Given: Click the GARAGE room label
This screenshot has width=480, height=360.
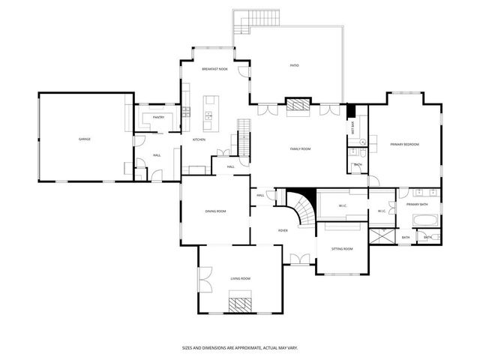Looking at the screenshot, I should pos(85,139).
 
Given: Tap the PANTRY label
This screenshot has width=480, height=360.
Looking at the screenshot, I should pos(158,117).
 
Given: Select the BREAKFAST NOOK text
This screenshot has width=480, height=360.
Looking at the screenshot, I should pos(214,69).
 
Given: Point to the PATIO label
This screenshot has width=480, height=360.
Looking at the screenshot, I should pos(295,66).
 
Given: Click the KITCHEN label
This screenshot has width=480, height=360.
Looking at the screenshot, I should pos(199,139).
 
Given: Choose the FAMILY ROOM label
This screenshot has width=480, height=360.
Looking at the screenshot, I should pos(301,148).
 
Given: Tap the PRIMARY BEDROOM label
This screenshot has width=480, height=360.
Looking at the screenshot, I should pos(404,144).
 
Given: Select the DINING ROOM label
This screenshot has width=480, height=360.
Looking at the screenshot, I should pos(216,211).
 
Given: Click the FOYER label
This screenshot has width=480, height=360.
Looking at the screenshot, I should pos(283,230).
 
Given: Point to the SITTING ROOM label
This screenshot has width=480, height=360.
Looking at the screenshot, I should pos(343,248).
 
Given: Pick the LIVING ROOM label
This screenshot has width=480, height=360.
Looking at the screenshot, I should pos(240,278).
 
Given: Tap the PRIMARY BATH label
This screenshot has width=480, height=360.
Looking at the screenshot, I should pos(417,204).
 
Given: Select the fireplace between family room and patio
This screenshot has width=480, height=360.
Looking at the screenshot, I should pos(297,106).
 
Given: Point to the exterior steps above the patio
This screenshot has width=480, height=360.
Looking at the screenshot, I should pos(256,19).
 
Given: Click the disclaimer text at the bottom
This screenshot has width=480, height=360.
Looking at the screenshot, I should pos(240,347).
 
